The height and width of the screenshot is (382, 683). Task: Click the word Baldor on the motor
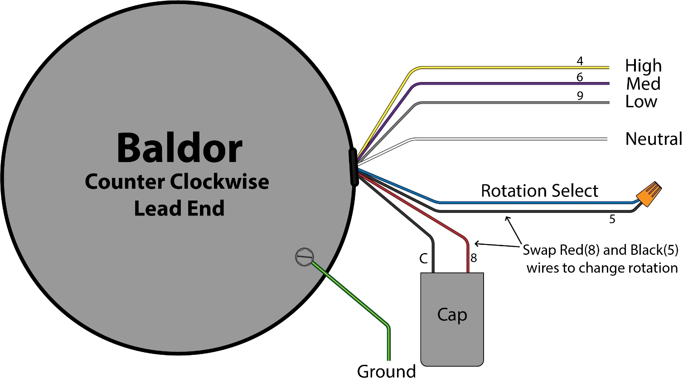(179, 148)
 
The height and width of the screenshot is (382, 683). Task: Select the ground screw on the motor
(304, 257)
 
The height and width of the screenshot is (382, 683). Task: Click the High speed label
(643, 66)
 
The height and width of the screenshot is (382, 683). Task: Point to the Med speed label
(643, 84)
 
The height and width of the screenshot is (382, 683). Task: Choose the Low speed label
(641, 102)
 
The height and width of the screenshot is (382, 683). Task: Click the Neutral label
(653, 139)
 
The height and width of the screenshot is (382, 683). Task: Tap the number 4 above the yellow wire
(580, 61)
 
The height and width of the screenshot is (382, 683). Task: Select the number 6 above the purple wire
(580, 77)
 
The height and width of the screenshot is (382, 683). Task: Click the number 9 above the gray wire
(580, 96)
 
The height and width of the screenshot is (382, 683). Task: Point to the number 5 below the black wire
(612, 220)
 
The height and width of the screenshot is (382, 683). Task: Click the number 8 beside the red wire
(474, 258)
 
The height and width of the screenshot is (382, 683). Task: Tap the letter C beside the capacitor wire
(423, 258)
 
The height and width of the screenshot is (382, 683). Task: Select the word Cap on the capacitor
(452, 315)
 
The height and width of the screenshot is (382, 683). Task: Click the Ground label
(386, 372)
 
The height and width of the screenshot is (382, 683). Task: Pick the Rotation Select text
(539, 191)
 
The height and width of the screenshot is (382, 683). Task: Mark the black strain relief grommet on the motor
(354, 167)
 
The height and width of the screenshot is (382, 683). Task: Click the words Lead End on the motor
(179, 209)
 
